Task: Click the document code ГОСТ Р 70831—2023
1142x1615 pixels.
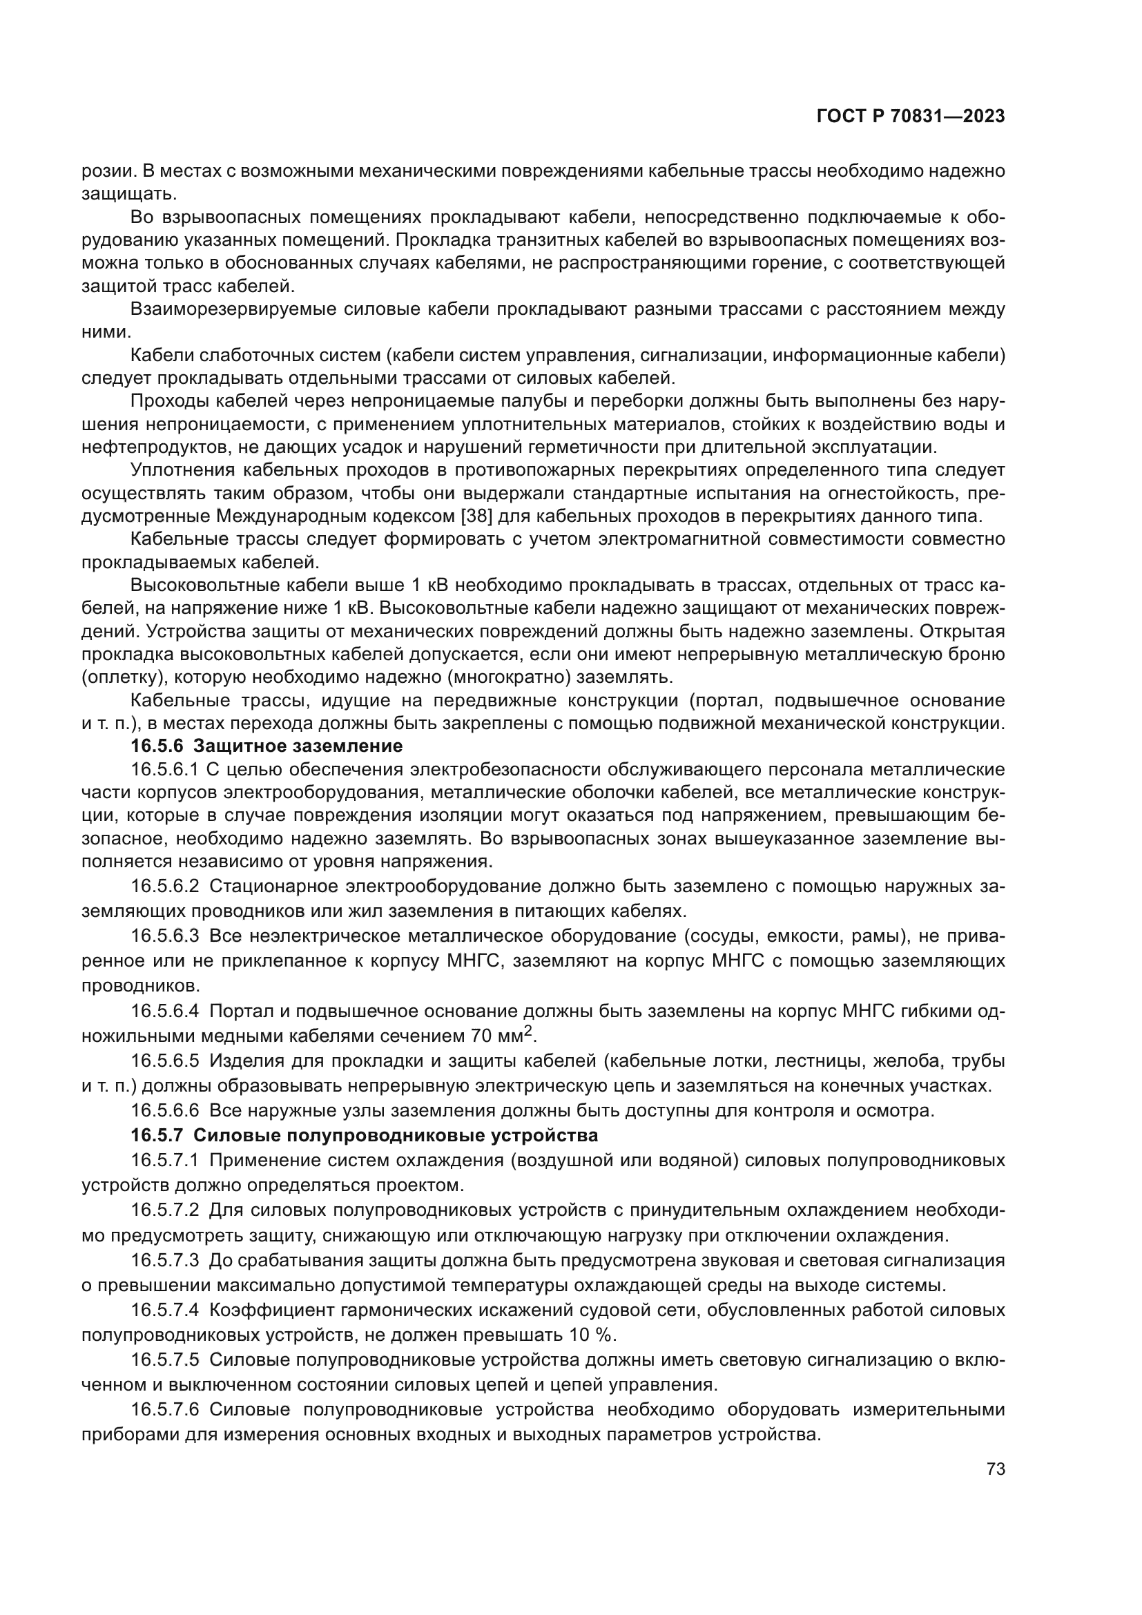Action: click(x=910, y=117)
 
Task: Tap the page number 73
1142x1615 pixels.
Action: click(x=995, y=1469)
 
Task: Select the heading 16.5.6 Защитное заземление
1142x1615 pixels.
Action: click(x=267, y=746)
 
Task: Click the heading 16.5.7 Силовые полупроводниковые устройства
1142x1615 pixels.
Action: click(x=365, y=1135)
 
